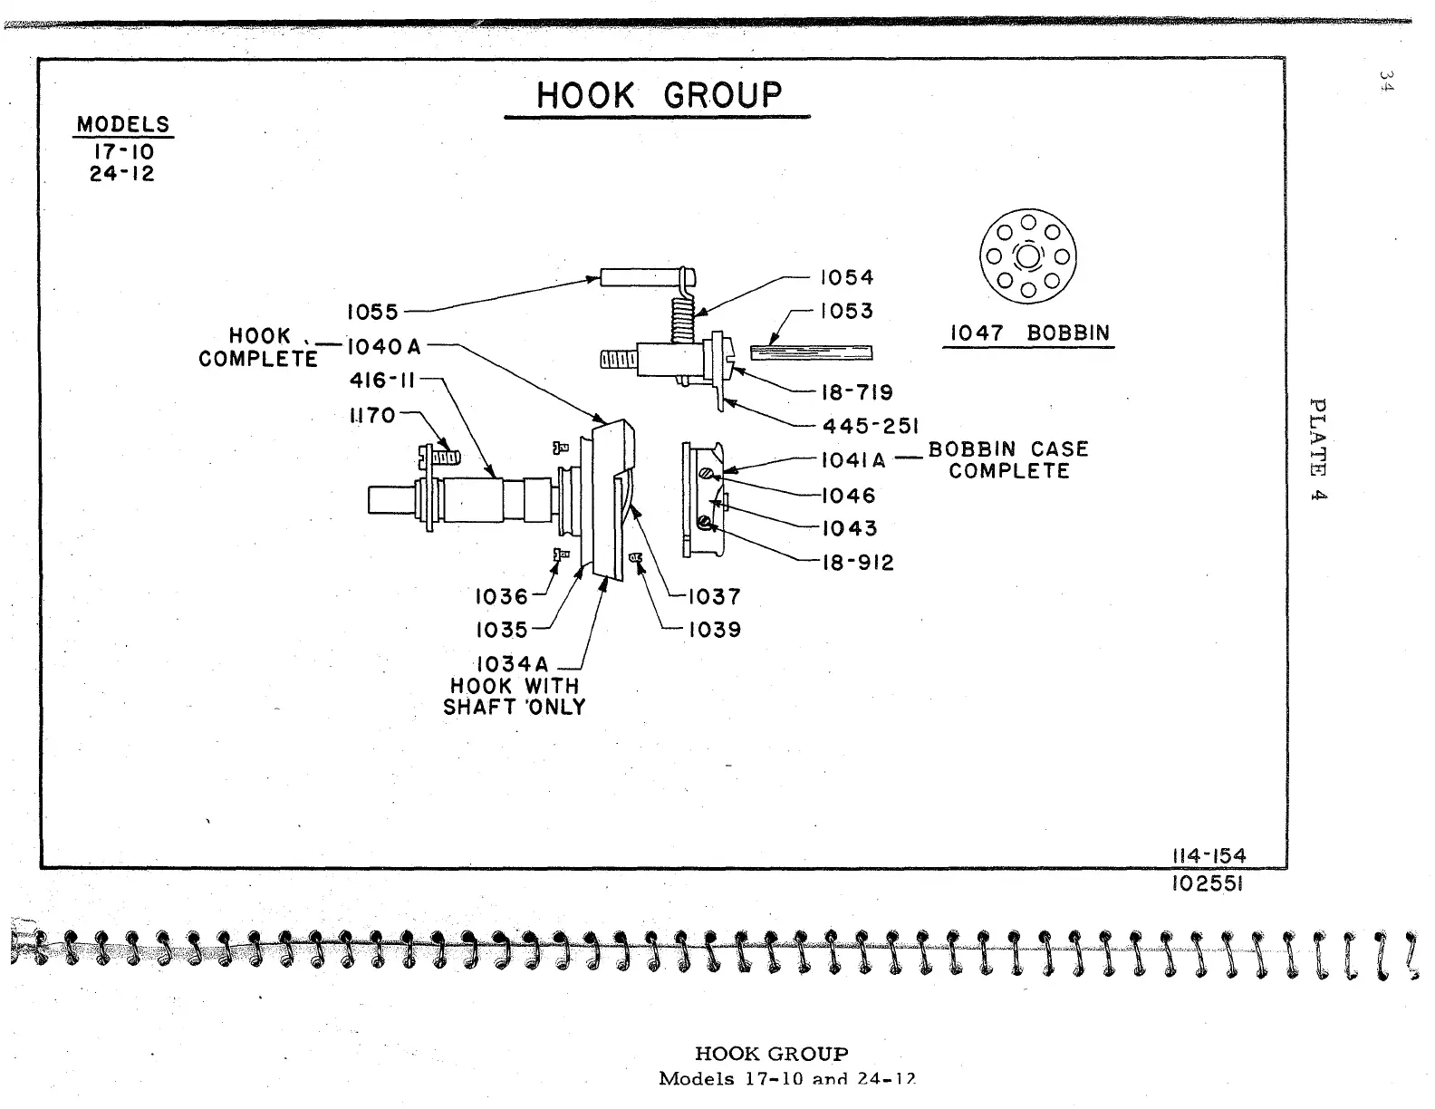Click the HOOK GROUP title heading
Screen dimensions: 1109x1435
point(659,95)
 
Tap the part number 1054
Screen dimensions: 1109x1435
point(846,277)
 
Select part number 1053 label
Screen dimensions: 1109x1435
point(846,311)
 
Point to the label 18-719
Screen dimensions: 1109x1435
point(856,392)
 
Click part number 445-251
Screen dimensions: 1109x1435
point(871,426)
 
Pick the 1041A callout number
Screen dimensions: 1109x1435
point(853,460)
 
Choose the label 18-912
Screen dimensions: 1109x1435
point(857,563)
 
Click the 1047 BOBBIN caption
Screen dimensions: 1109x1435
point(1029,333)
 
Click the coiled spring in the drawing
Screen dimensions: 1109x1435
point(682,320)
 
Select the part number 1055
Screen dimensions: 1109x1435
point(372,313)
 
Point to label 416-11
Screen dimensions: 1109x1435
point(381,381)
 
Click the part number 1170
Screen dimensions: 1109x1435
point(372,415)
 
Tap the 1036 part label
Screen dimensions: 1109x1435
point(501,596)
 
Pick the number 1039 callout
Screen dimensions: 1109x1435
point(715,630)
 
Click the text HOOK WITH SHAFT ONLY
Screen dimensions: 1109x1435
point(515,697)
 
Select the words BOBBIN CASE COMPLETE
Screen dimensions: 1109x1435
point(1009,460)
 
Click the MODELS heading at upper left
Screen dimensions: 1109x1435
point(123,124)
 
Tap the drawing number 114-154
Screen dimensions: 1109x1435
point(1208,856)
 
